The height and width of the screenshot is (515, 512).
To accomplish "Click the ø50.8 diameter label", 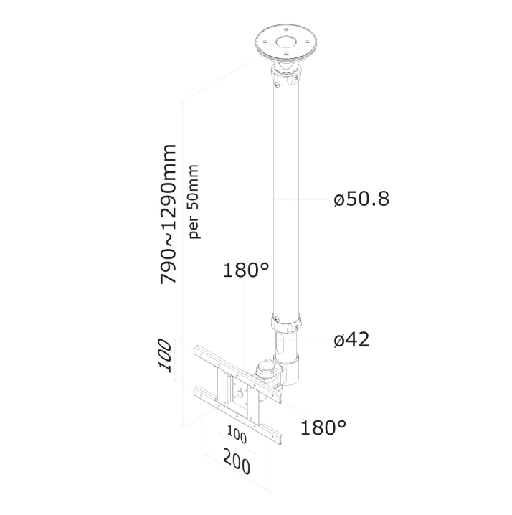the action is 361,199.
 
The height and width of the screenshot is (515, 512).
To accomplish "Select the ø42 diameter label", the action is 351,339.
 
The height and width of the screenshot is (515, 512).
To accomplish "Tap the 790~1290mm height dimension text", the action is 169,214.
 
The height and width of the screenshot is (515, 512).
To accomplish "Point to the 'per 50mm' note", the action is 193,202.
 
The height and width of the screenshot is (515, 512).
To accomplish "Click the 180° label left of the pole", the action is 246,270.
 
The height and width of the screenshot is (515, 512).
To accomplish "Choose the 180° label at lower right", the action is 323,427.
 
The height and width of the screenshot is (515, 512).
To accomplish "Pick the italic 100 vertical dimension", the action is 164,355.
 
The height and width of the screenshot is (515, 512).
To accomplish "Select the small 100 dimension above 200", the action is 237,435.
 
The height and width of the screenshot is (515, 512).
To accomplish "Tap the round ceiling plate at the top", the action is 286,43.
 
